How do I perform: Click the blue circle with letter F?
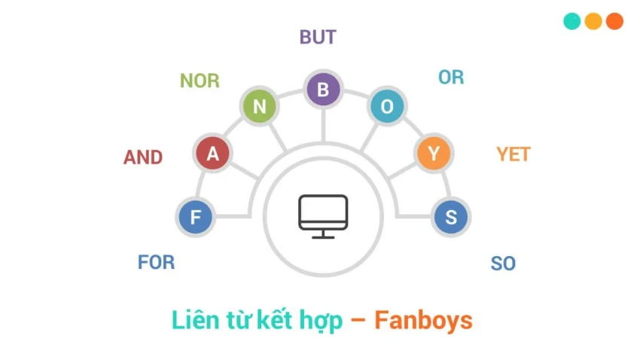[196, 218]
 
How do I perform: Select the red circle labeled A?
[213, 154]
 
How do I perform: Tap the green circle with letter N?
[260, 107]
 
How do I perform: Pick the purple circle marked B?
[323, 90]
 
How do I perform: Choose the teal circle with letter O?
[387, 107]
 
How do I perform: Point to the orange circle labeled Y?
[434, 154]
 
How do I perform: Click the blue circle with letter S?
[451, 218]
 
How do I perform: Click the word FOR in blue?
[156, 262]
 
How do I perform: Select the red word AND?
[143, 157]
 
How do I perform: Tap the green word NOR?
[200, 81]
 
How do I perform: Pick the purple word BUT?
[318, 37]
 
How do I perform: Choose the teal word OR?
[451, 77]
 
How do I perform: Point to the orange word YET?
[514, 154]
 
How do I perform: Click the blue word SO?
[503, 264]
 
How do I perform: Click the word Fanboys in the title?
[423, 320]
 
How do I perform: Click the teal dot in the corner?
[572, 21]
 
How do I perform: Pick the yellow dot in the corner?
[593, 21]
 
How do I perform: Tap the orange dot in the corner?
[614, 21]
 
